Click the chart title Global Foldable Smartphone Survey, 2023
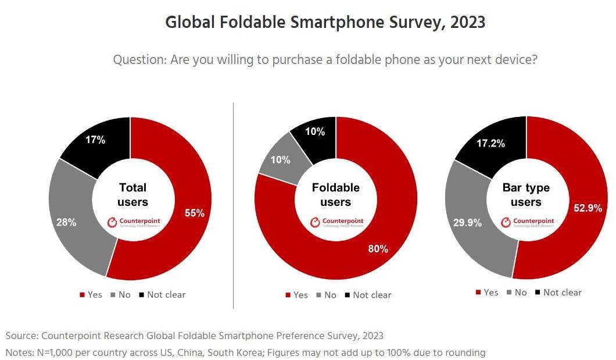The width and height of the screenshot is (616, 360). (325, 23)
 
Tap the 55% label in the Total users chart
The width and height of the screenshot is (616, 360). (195, 213)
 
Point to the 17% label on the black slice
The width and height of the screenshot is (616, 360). (95, 140)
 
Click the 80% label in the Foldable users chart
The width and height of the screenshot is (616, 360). (378, 249)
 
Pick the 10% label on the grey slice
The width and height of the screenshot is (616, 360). (280, 159)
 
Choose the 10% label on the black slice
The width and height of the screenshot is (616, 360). (315, 131)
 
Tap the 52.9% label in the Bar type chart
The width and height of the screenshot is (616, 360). (588, 208)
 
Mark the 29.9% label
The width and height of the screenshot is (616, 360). (467, 223)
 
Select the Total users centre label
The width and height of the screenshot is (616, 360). (132, 195)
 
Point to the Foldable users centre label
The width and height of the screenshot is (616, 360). (336, 195)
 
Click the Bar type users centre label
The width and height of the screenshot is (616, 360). (526, 195)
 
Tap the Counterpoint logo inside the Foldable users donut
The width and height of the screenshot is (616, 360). (336, 222)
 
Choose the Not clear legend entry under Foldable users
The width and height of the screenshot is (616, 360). (368, 295)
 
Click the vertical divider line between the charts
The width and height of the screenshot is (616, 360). (233, 204)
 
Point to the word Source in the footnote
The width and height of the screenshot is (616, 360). (21, 336)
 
